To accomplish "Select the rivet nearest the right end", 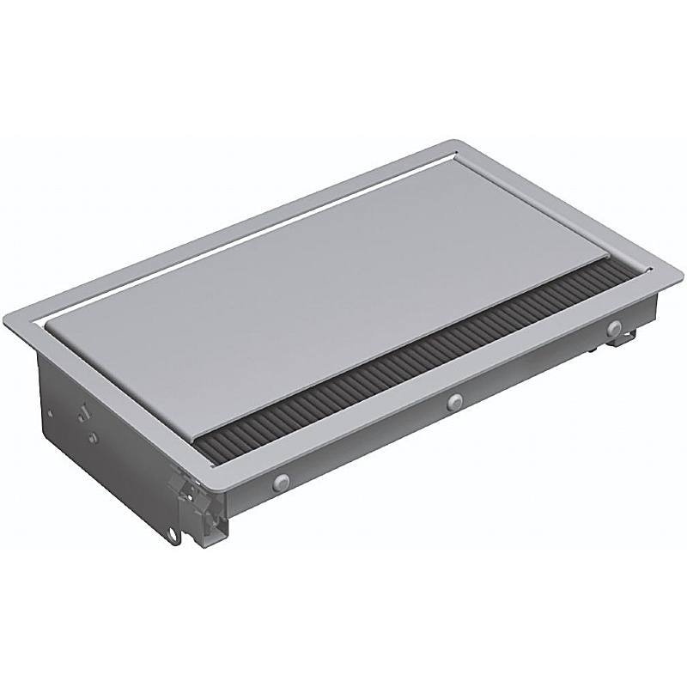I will coord(612,328).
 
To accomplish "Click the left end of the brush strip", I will coord(210,447).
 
